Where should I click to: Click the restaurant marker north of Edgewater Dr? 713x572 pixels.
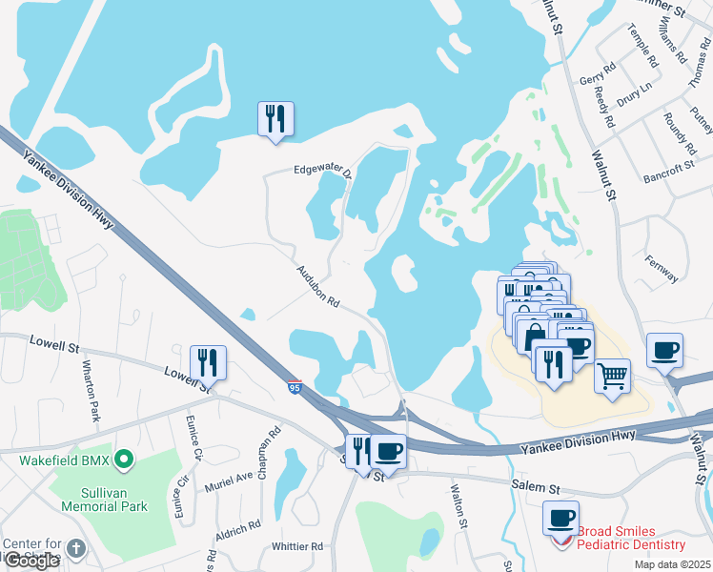point(276,119)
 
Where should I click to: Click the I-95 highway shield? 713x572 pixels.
point(295,387)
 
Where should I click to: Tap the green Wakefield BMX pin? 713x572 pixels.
point(123,461)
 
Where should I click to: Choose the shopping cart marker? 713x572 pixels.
point(613,374)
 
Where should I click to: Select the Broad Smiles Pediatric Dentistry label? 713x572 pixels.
point(631,538)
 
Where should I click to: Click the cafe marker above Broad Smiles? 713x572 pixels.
point(560,519)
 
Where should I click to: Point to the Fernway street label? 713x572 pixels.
point(661,270)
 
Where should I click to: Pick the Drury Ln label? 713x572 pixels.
point(634,102)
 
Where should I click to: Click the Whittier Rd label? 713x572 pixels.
point(297,546)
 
